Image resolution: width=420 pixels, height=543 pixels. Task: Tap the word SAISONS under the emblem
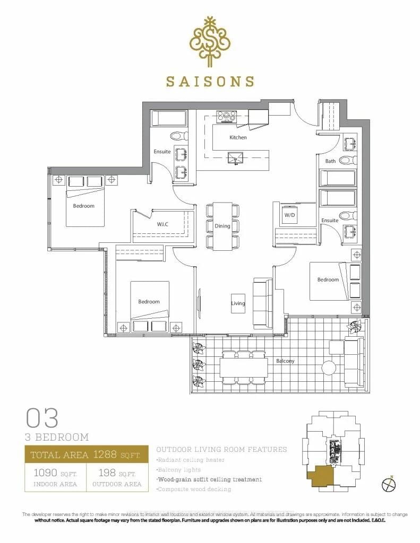pos(210,81)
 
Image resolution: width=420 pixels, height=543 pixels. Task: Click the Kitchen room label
pos(238,137)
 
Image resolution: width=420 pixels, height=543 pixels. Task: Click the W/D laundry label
pos(289,215)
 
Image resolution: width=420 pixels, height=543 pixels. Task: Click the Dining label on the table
pos(222,226)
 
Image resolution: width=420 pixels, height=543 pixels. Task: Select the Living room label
pos(237,303)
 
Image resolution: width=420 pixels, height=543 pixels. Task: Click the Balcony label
pos(285,361)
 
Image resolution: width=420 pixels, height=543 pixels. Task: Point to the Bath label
pos(330,161)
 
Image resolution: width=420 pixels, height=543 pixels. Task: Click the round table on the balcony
pos(329,367)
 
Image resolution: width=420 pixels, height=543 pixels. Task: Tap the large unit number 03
pos(42,418)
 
